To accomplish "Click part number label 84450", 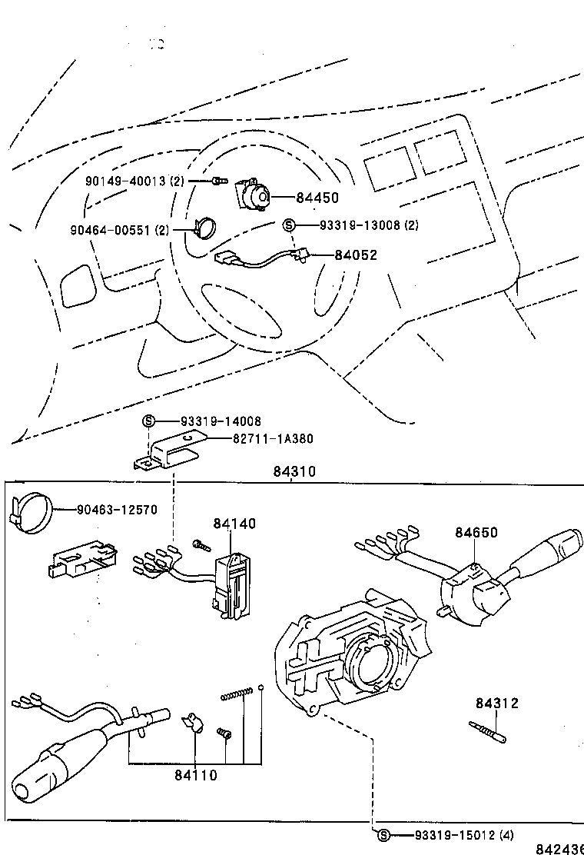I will pos(317,198).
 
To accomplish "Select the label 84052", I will pos(356,255).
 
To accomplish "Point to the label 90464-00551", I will pos(119,229).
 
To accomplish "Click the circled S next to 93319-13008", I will pos(289,225).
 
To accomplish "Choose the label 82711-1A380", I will pos(273,438).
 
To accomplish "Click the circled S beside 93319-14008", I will pos(149,421).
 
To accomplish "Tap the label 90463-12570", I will pos(117,509).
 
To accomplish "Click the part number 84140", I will pos(234,524).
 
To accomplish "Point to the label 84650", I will pos(476,532).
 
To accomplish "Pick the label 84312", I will pos(496,703).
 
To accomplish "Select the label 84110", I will pos(195,775).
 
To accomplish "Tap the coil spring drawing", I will pos(236,696).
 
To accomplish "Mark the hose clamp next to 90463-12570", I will pos(32,511).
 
